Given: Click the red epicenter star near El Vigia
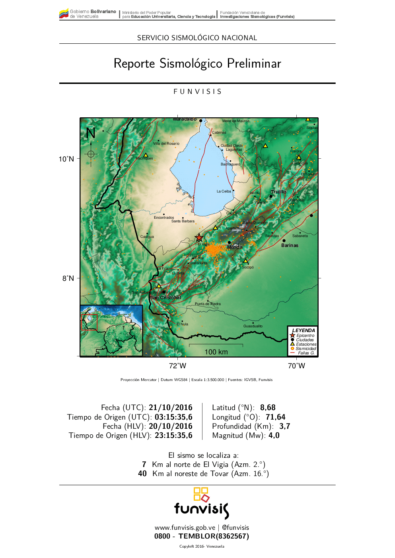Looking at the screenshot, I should (x=199, y=238).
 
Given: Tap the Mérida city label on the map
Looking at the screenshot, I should (x=235, y=247).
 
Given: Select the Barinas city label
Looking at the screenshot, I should (x=290, y=245).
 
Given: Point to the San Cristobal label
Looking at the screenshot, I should (x=165, y=297).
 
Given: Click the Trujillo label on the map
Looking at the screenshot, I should (x=278, y=192).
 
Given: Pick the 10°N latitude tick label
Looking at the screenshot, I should (x=66, y=159).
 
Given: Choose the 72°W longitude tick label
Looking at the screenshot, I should (x=177, y=366).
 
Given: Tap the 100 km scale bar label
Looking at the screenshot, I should (x=216, y=352).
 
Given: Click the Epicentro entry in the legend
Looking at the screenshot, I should (x=305, y=336).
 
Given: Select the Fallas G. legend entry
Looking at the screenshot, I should (x=306, y=353).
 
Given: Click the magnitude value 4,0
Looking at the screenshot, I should (x=274, y=436).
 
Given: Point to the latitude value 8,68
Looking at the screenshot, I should (x=268, y=408).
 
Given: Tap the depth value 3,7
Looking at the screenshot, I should (x=285, y=426).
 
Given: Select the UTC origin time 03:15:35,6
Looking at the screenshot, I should (x=173, y=417).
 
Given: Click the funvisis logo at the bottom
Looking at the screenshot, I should (x=201, y=504).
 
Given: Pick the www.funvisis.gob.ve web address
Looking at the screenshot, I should (x=185, y=528).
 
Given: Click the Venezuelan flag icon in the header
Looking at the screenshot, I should (x=64, y=14).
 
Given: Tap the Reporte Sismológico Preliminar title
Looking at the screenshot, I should (x=197, y=64).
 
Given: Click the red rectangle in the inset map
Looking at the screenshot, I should (x=89, y=322).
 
